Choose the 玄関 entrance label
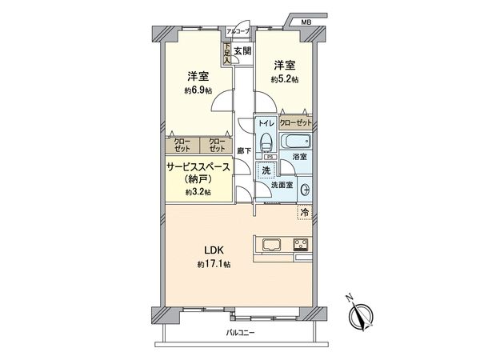(243, 51)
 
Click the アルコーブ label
(238, 31)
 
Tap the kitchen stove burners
(302, 245)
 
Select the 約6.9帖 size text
(198, 90)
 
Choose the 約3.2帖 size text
(198, 193)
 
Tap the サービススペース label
(198, 167)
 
